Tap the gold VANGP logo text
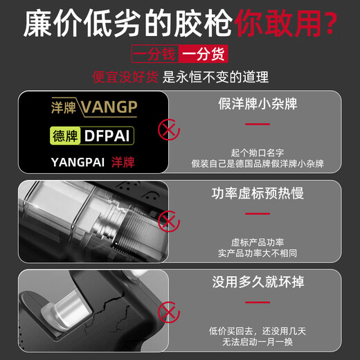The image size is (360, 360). point(109,107)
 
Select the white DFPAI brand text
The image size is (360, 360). point(107,136)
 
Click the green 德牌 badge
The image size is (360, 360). point(65,136)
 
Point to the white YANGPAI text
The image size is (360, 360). point(78,162)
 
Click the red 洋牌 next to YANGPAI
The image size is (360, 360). point(123,162)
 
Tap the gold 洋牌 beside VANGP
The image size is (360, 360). point(64,107)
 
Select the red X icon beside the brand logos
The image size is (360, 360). point(169,129)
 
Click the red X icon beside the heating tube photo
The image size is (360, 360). point(169,222)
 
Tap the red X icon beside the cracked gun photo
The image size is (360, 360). point(169,312)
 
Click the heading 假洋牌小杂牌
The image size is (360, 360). point(258,104)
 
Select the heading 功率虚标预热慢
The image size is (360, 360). point(258,193)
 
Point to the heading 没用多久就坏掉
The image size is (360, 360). point(258,282)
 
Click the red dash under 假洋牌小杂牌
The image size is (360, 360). point(258,124)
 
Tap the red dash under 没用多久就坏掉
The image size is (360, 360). point(258,303)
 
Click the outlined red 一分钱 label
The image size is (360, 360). point(155,54)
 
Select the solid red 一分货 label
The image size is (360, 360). point(204,54)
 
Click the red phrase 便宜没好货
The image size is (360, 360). point(125,77)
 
